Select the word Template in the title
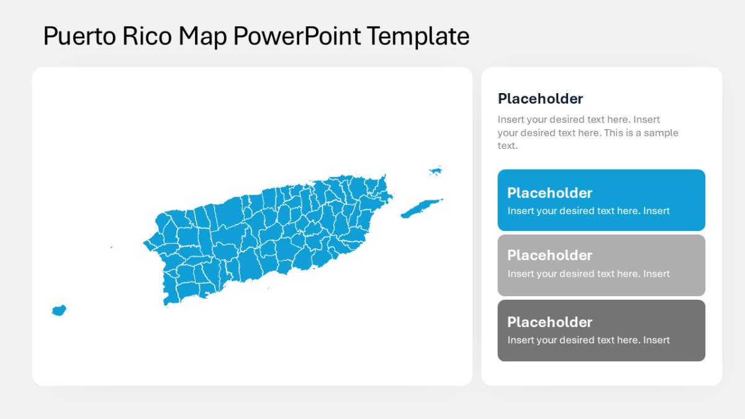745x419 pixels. coord(418,37)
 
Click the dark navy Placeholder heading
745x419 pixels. coord(540,99)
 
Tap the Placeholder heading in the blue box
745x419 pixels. coord(549,192)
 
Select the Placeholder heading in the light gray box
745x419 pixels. coord(549,255)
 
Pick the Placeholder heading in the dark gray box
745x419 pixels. coord(549,322)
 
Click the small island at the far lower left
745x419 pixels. coord(59,310)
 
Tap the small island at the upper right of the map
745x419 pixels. coord(436,171)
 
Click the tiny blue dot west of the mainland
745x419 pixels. coord(111,248)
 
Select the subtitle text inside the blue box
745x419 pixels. coord(588,211)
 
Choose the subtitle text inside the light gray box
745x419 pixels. coord(588,274)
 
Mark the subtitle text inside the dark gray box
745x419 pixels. coord(588,340)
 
